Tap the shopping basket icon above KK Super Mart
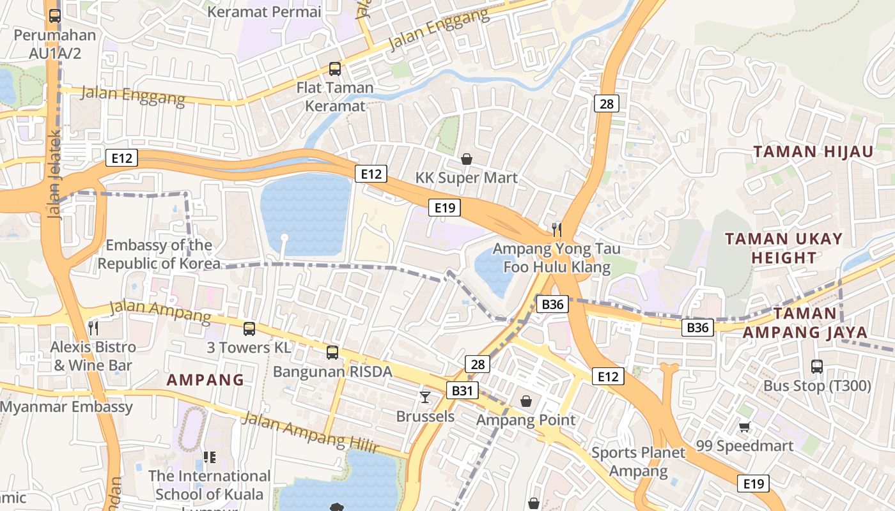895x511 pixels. click(467, 159)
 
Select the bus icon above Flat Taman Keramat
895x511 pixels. click(334, 69)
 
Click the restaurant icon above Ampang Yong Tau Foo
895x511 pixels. click(557, 229)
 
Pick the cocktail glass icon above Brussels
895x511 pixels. click(425, 397)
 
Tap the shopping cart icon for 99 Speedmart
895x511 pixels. click(744, 427)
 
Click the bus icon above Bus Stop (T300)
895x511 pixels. click(817, 367)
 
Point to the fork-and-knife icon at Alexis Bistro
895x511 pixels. click(93, 328)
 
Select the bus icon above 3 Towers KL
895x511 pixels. click(249, 329)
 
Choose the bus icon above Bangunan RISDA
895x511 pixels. click(332, 352)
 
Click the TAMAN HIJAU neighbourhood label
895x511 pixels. click(813, 152)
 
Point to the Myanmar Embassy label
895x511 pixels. click(66, 407)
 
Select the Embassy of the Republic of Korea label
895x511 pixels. click(159, 254)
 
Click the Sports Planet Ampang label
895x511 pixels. click(638, 462)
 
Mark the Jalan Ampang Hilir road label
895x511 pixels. click(311, 432)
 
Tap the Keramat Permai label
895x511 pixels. click(265, 11)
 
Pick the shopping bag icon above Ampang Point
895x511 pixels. click(525, 401)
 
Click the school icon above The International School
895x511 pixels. click(209, 457)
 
